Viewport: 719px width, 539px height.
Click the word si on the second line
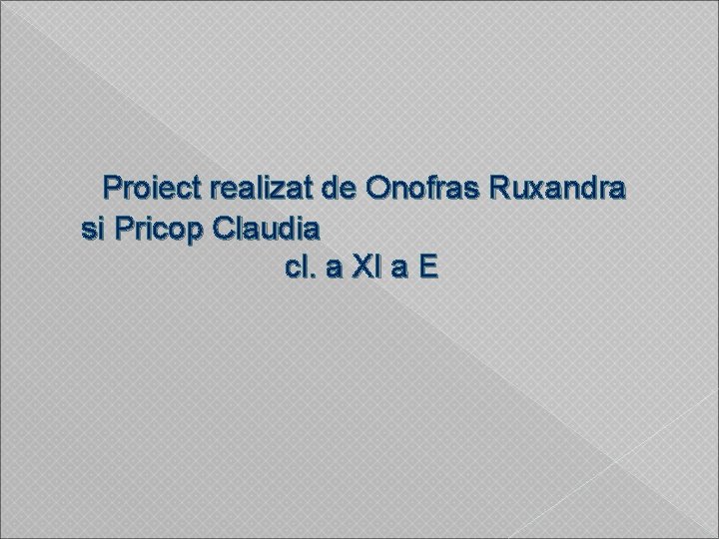[92, 229]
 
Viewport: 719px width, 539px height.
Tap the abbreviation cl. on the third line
[297, 269]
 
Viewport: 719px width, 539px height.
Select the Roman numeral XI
[363, 269]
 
